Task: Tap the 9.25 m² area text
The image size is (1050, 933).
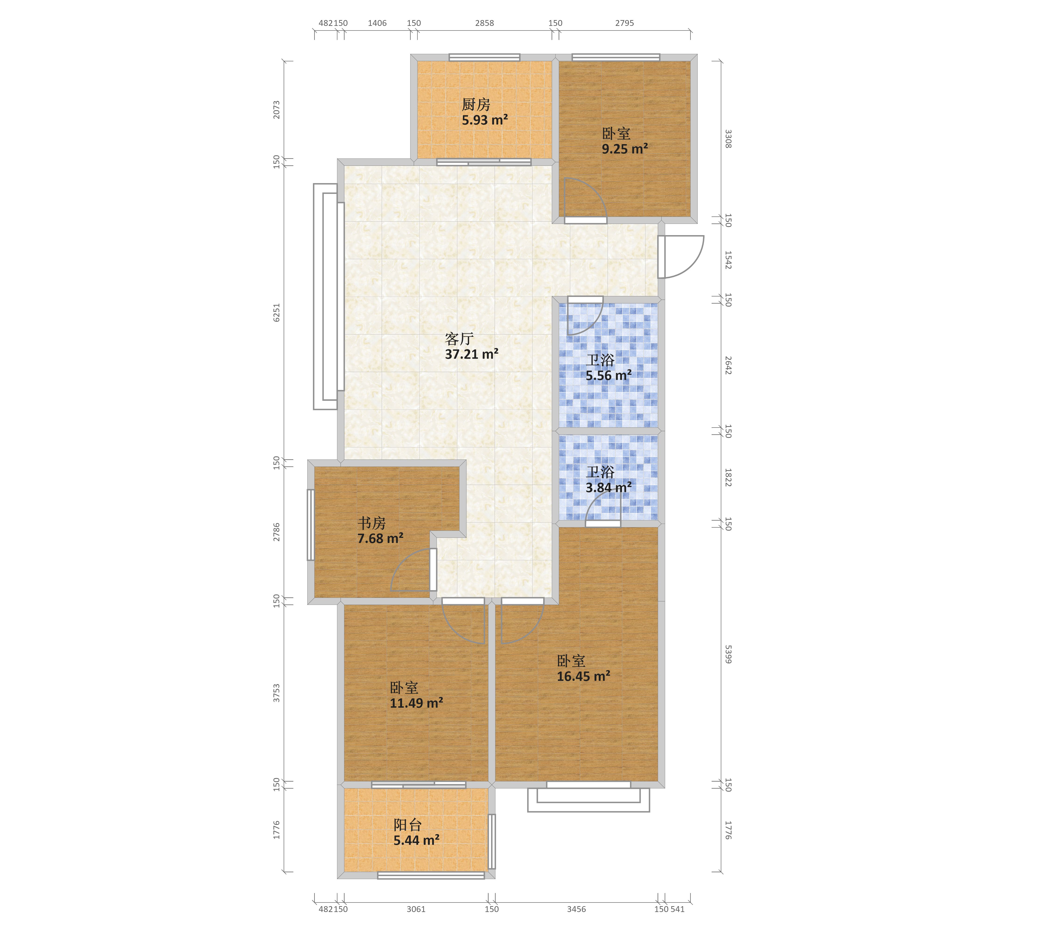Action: tap(625, 149)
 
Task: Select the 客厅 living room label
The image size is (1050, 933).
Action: tap(459, 339)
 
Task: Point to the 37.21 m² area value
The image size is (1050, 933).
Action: tap(472, 354)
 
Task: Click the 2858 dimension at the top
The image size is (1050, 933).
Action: tap(484, 23)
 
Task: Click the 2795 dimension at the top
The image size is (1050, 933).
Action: tap(625, 23)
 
